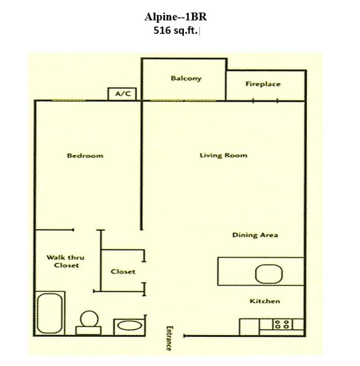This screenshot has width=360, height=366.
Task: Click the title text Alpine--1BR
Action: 176,17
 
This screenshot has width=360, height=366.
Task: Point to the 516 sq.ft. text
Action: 176,30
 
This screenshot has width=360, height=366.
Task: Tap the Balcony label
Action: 186,79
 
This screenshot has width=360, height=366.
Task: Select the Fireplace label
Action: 263,84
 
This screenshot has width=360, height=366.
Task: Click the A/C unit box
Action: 122,94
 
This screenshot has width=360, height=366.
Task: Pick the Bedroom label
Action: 85,156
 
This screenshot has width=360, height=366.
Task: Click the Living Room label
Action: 223,155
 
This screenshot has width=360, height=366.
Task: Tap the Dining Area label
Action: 255,235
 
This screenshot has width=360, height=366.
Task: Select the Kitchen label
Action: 265,301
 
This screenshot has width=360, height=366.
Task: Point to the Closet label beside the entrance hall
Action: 123,272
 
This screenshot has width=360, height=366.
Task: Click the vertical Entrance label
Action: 169,337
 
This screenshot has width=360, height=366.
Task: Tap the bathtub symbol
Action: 50,313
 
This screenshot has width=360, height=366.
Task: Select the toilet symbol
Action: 89,322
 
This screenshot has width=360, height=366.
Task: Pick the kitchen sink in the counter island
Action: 269,273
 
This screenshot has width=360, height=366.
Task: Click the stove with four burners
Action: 282,324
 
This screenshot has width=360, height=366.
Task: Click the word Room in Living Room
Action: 236,155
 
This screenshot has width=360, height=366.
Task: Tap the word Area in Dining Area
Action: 269,235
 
